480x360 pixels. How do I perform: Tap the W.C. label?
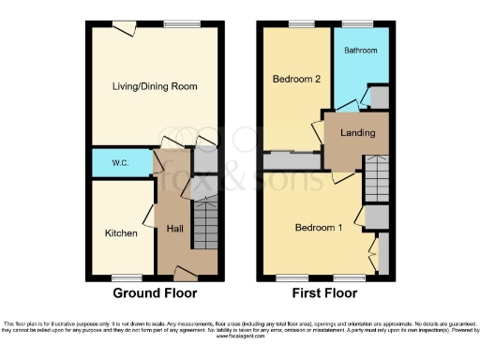120,163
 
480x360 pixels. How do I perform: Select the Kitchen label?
121,232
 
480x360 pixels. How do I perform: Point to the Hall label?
174,229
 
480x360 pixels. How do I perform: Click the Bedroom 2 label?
297,80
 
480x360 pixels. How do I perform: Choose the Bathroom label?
360,49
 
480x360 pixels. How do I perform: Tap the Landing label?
357,133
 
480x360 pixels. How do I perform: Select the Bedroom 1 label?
319,227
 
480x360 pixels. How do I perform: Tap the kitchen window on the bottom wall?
122,277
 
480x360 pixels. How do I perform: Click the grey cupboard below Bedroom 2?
290,161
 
